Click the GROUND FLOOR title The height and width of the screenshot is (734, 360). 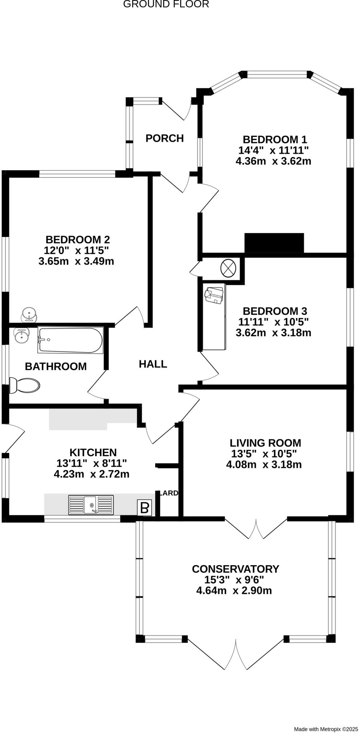click(x=166, y=4)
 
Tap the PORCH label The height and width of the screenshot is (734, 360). click(x=165, y=138)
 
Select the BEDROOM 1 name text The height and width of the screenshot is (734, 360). click(x=275, y=139)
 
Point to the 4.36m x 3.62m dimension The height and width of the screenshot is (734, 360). click(x=273, y=161)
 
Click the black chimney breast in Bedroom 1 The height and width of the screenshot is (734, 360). click(x=274, y=243)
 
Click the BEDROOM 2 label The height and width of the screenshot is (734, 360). click(x=77, y=239)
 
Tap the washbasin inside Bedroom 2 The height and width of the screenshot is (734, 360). click(x=29, y=315)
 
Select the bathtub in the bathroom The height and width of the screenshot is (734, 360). click(x=71, y=340)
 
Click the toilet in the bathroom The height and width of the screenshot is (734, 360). click(x=25, y=385)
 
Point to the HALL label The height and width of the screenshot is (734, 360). click(x=153, y=364)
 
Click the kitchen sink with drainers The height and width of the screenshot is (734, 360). click(x=91, y=505)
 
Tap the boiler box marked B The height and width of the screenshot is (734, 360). click(x=145, y=508)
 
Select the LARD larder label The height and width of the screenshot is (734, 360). click(x=168, y=493)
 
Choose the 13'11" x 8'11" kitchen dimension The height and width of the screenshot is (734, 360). click(x=92, y=463)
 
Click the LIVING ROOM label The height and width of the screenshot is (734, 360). click(x=265, y=443)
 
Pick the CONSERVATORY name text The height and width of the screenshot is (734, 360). click(x=235, y=569)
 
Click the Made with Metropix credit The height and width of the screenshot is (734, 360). click(x=326, y=729)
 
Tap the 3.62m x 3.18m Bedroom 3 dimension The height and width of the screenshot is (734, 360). click(x=273, y=333)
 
